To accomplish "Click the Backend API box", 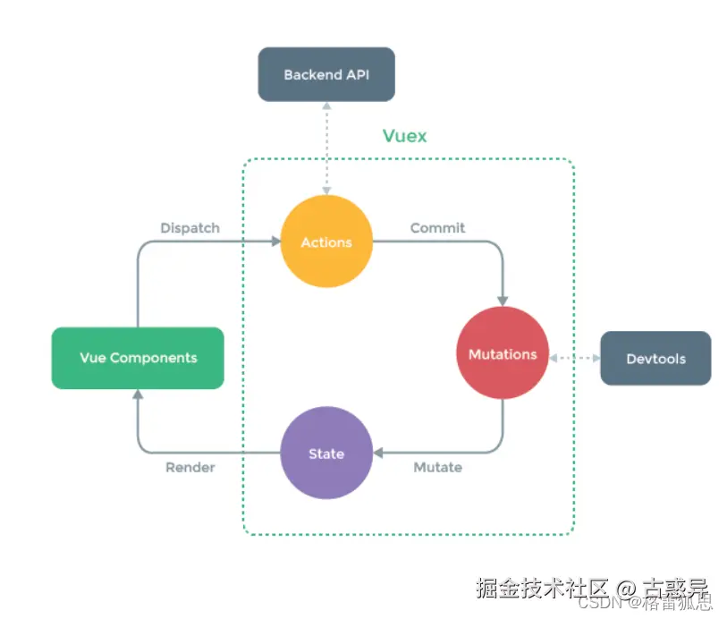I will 326,74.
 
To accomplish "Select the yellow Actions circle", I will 326,242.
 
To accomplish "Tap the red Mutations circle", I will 503,354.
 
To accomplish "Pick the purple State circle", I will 326,454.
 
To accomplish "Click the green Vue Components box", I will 138,358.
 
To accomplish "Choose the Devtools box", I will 655,359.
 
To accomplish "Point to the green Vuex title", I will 405,136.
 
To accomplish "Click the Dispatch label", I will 190,228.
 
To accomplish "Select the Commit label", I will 437,228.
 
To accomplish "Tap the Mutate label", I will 437,468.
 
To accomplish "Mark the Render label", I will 190,468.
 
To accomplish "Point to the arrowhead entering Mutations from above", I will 503,301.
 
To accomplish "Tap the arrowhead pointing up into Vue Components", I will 138,394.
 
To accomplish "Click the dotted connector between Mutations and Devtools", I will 574,358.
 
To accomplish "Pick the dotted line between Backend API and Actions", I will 326,148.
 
